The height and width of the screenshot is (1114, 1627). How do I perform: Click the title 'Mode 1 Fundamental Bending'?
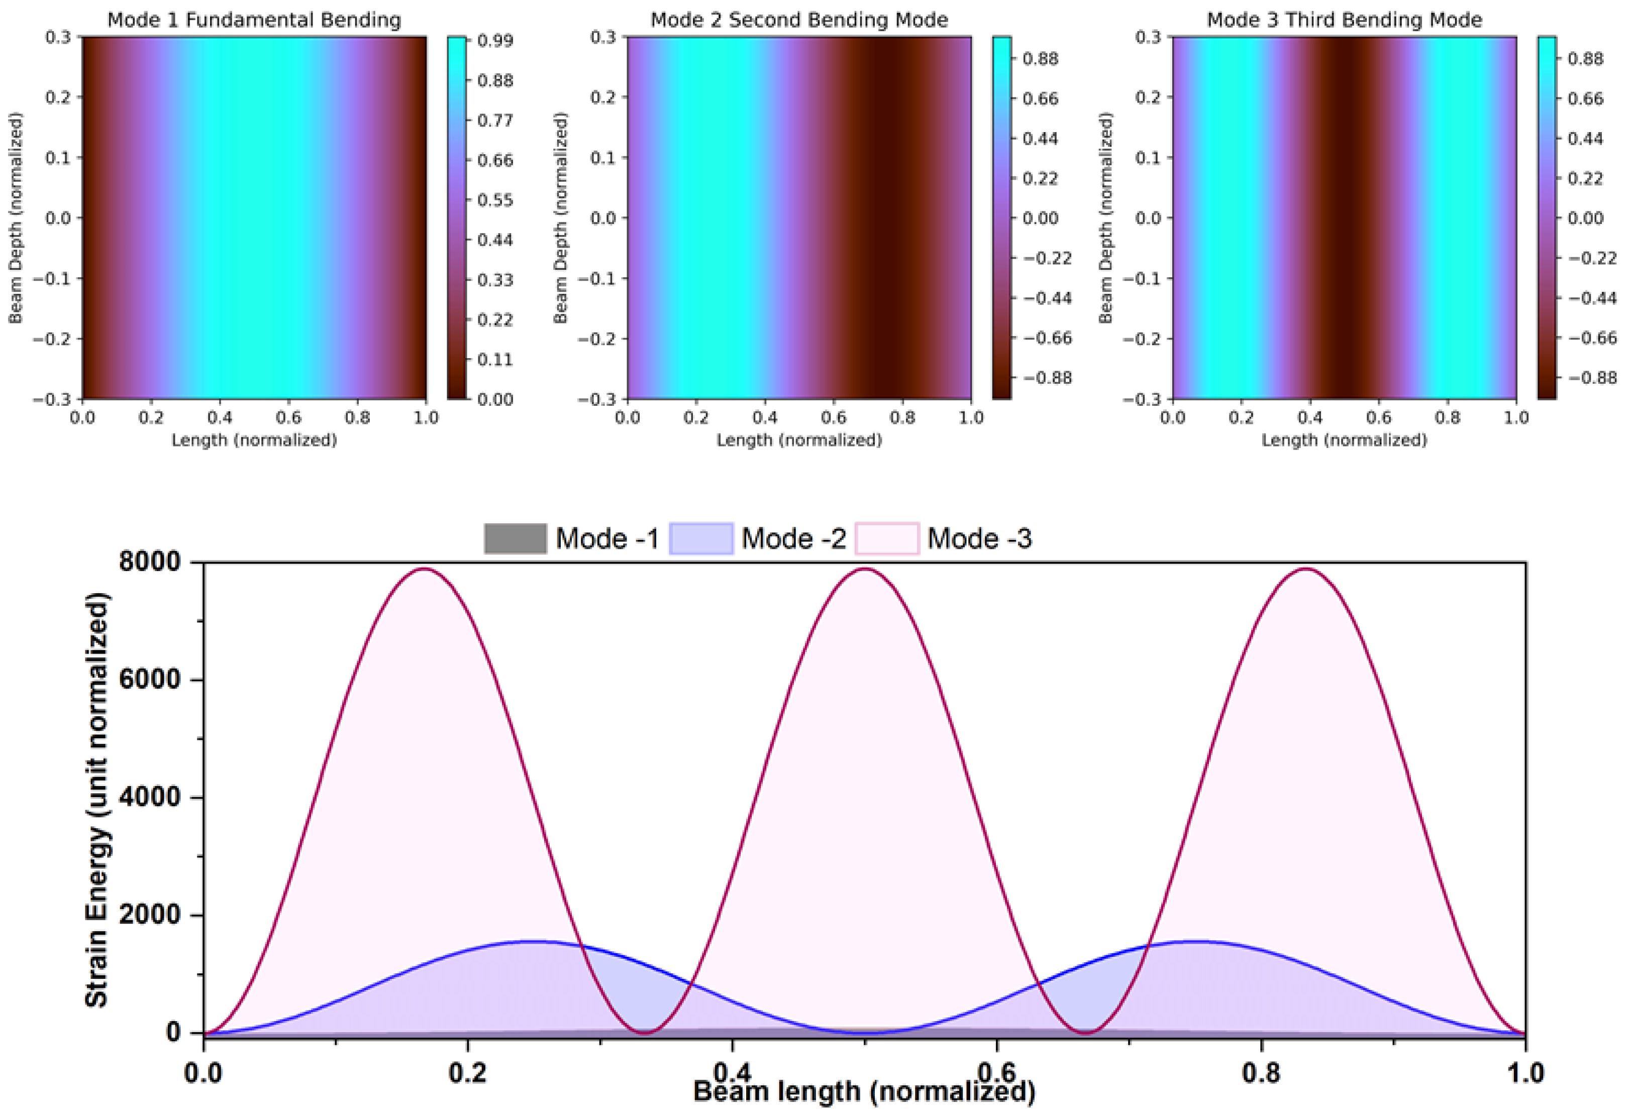tap(254, 20)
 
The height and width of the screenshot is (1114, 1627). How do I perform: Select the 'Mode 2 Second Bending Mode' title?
tap(799, 20)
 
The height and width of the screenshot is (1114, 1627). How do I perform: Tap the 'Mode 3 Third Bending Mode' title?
tap(1344, 20)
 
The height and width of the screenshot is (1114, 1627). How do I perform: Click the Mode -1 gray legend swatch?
tap(515, 539)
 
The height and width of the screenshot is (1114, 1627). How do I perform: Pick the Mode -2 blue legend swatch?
tap(701, 539)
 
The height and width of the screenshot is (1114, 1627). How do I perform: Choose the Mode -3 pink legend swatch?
tap(886, 539)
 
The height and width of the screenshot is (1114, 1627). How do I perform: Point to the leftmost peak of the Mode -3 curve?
tap(424, 569)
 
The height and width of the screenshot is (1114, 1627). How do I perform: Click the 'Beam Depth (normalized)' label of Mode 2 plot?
tap(560, 218)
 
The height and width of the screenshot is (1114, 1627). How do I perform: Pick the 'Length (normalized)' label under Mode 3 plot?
tap(1344, 440)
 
